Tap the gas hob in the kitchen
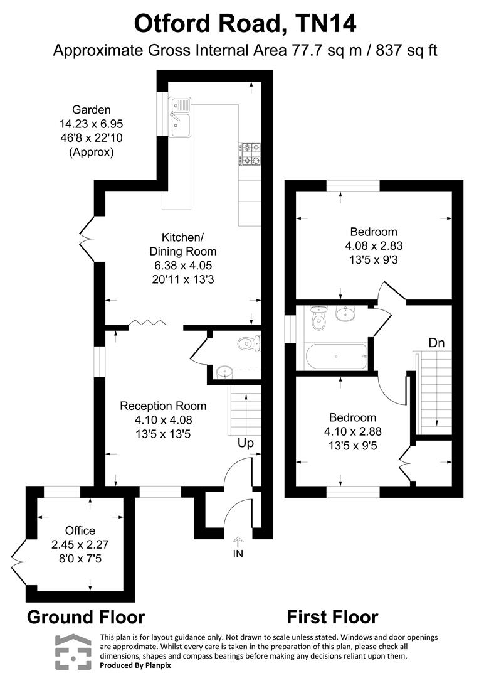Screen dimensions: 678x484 [x=250, y=155]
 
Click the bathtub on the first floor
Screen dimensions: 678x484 [x=337, y=357]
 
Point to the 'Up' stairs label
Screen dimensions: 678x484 [x=245, y=443]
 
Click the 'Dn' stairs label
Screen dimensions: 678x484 [x=437, y=343]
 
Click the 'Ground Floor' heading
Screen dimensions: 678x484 [x=86, y=617]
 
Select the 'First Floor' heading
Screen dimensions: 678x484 [x=332, y=617]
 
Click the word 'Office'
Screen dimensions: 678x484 [x=80, y=530]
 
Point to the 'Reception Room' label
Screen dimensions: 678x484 [x=163, y=406]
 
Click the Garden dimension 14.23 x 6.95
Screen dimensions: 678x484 [x=92, y=124]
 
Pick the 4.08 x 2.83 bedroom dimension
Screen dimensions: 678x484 [x=374, y=245]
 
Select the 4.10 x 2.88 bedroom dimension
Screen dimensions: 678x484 [x=353, y=431]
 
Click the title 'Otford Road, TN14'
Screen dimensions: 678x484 [x=245, y=24]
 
